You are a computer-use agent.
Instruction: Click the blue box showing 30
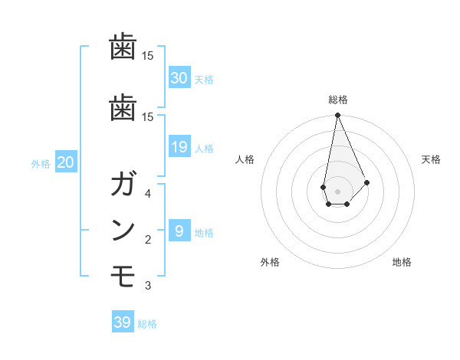point(179,77)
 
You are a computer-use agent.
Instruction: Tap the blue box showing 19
point(179,147)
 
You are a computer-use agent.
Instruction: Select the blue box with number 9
point(179,231)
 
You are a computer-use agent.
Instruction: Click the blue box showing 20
point(65,162)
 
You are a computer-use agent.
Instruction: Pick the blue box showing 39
point(122,322)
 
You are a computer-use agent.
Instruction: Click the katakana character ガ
point(123,186)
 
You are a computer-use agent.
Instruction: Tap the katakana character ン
point(123,231)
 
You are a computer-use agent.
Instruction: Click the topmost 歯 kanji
point(123,48)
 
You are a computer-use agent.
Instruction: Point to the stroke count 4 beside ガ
point(147,194)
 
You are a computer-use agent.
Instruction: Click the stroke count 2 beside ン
point(147,240)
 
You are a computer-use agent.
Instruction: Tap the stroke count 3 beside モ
point(147,286)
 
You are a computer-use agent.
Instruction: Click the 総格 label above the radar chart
point(337,100)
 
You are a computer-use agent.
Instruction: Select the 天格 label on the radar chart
point(431,159)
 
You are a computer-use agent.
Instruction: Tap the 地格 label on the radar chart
point(402,263)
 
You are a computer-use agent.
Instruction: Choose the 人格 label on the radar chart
point(245,159)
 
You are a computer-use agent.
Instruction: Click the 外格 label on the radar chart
point(270,263)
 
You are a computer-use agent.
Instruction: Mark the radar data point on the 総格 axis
point(337,116)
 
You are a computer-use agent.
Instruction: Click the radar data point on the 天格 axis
point(367,182)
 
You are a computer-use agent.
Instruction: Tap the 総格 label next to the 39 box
point(147,324)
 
